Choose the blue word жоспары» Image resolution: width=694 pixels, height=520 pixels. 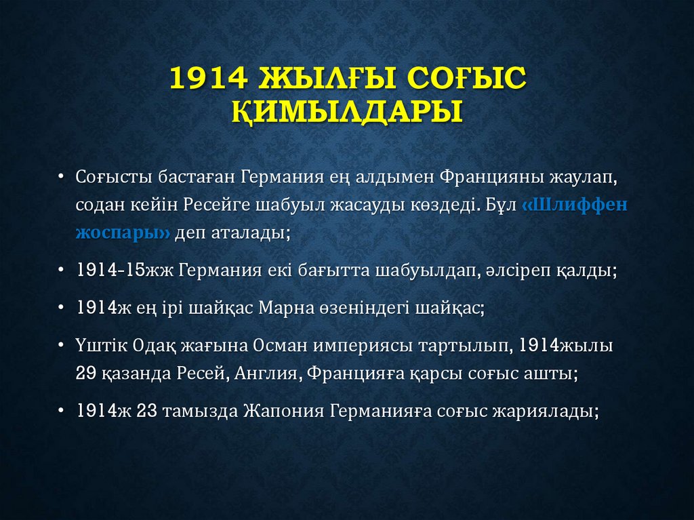(x=123, y=234)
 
